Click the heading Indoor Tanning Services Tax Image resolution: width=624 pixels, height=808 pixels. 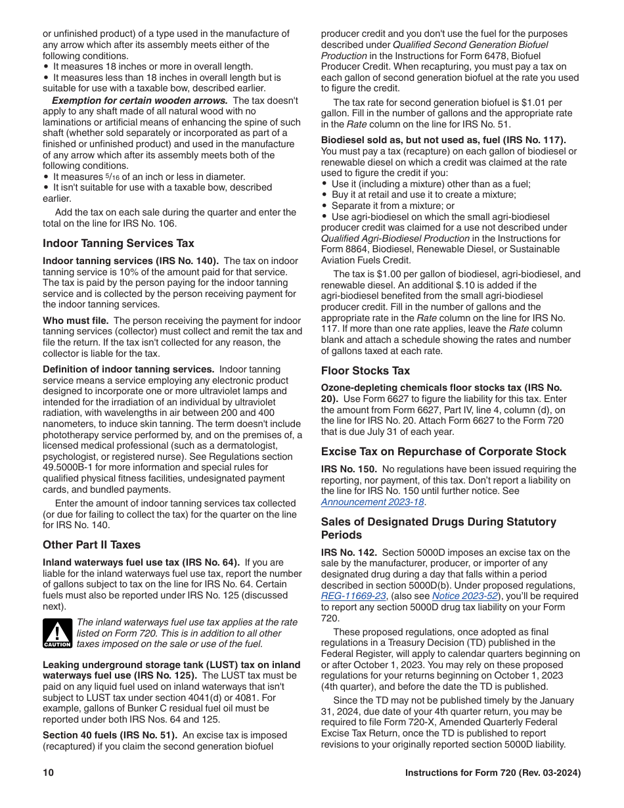(118, 243)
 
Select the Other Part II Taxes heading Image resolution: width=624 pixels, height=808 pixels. (91, 545)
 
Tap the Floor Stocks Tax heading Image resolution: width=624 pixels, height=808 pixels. (365, 370)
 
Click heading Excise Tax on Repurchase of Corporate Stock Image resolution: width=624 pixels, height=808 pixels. (443, 451)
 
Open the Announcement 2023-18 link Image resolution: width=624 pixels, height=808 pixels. (372, 502)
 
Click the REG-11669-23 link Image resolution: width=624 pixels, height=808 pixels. (353, 596)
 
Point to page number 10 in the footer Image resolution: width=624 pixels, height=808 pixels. (48, 773)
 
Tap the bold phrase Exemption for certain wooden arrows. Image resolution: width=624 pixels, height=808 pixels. (139, 101)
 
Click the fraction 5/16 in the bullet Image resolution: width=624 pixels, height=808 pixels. (112, 177)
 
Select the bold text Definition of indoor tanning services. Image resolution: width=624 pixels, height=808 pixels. (128, 369)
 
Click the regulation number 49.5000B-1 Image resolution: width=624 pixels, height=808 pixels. (74, 467)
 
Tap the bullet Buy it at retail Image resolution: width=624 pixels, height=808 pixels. (424, 195)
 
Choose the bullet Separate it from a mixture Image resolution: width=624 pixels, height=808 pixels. (392, 206)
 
